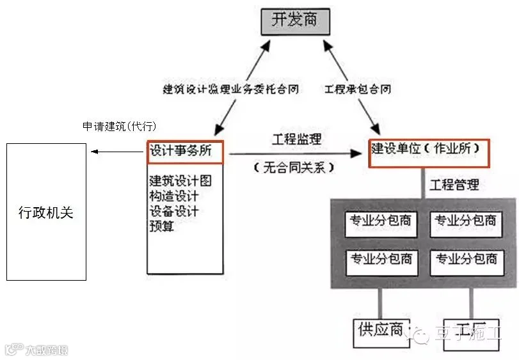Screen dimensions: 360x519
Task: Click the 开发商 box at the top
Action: [x=294, y=21]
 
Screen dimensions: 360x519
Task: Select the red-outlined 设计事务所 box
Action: [x=186, y=152]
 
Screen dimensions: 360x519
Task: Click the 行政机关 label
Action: [x=45, y=212]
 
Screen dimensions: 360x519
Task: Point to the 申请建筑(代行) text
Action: [x=119, y=126]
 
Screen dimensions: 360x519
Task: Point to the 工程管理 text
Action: [x=454, y=185]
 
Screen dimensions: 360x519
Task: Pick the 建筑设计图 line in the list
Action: [x=180, y=181]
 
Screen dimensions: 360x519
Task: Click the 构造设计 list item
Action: [x=174, y=196]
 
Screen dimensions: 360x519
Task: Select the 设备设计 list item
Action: [x=174, y=211]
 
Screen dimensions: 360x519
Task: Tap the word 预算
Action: [x=162, y=226]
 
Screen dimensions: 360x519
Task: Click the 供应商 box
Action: [x=380, y=331]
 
